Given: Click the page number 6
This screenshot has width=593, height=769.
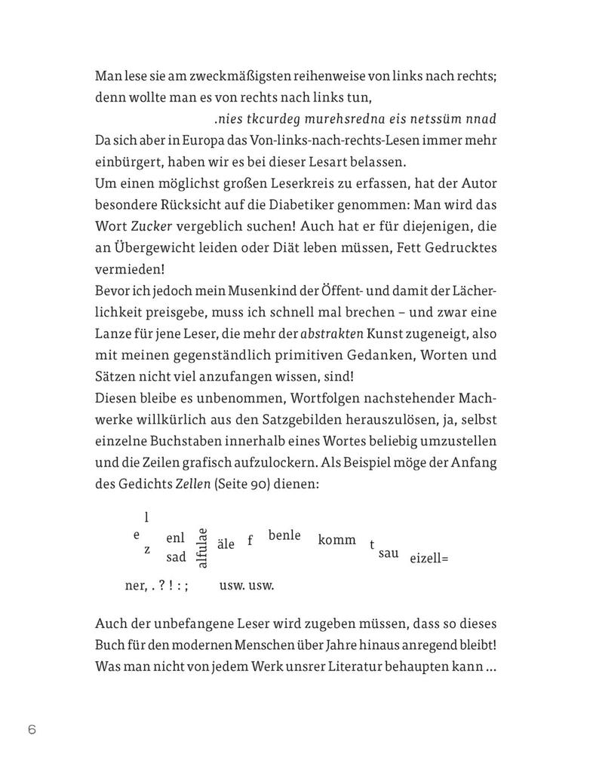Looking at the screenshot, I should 32,729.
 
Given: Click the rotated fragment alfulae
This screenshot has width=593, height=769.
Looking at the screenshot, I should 202,548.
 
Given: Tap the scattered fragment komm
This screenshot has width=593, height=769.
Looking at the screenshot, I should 337,540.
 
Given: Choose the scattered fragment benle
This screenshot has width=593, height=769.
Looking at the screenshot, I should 284,535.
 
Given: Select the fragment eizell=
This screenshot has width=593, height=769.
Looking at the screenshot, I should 429,559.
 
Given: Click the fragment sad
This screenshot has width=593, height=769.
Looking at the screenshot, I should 176,557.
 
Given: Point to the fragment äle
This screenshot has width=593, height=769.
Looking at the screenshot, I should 226,544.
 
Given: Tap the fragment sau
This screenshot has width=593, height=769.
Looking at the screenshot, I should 389,553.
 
